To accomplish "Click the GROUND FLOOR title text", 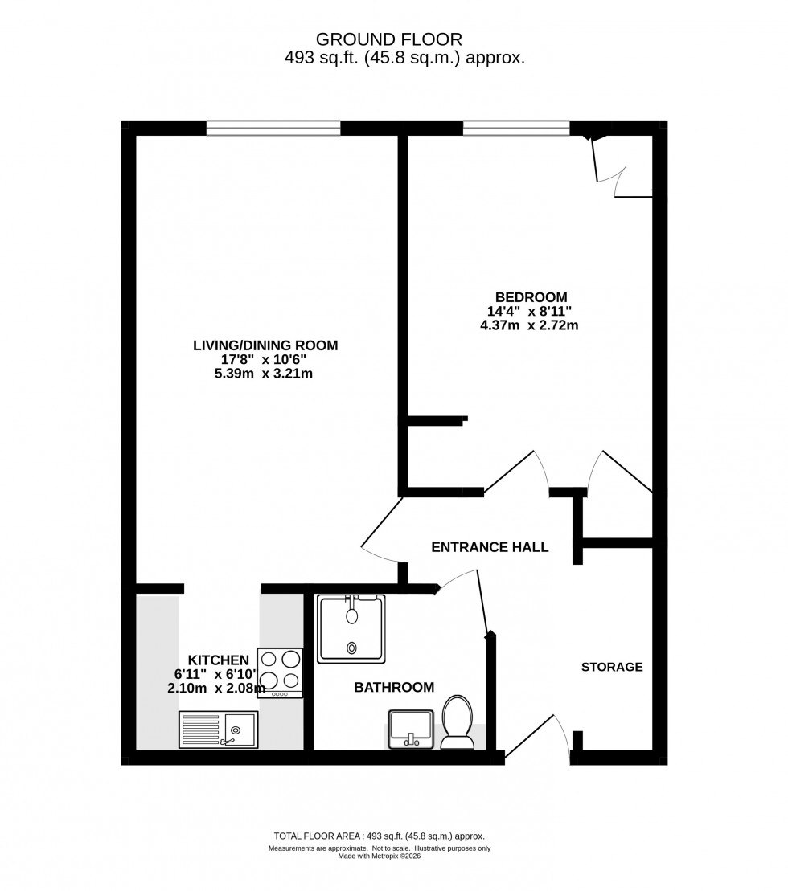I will (389, 39).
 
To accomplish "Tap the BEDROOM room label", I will (531, 296).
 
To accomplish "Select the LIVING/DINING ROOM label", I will (265, 345).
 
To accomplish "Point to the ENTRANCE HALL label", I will (490, 547).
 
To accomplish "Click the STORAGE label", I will (612, 667).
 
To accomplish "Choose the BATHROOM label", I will (394, 687).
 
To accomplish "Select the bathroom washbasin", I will (411, 728).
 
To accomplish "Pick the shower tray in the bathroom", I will (351, 628).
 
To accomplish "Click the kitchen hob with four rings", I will (280, 672).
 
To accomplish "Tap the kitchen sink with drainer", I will (218, 730).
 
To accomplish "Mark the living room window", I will (273, 128).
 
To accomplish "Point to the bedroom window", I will (516, 128).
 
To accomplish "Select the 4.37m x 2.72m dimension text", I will (529, 325).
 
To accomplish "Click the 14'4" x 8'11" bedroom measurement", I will (530, 311).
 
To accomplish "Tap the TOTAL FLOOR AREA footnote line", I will (380, 836).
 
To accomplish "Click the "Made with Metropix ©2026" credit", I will (380, 856).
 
